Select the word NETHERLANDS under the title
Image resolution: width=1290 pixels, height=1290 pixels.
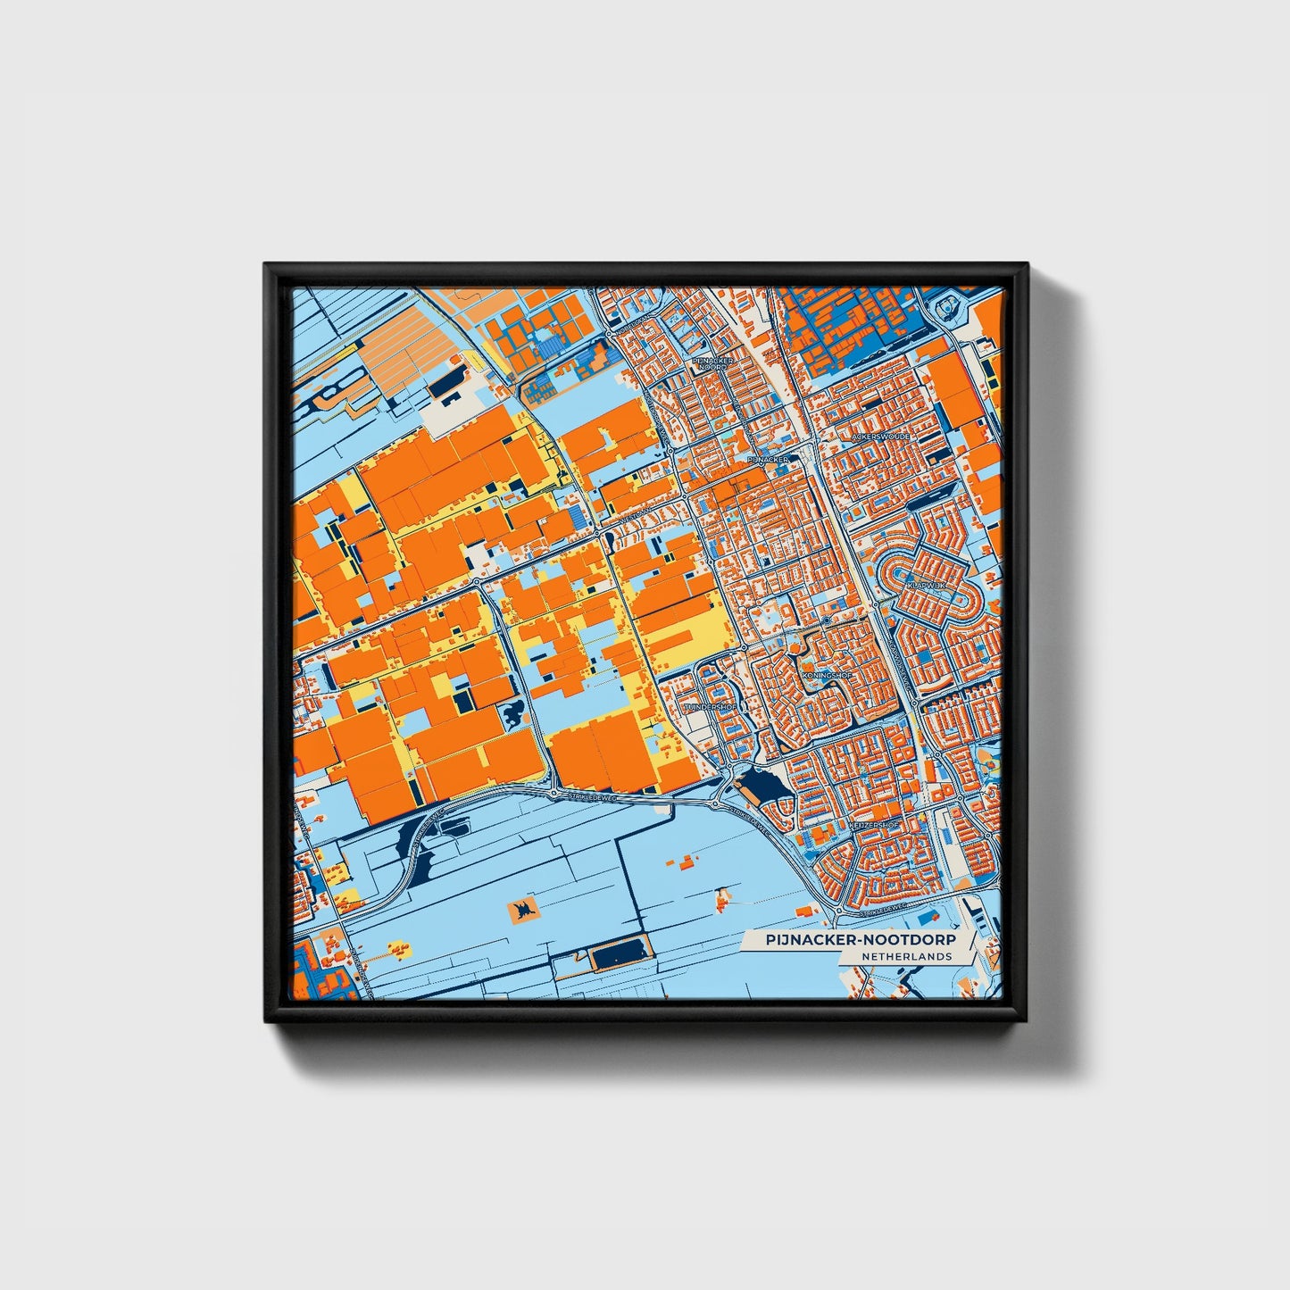(906, 956)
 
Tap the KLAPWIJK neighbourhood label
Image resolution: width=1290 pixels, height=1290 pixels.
(925, 585)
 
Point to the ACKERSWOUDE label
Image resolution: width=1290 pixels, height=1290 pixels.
(879, 437)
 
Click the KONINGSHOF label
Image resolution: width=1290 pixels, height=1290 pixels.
(828, 676)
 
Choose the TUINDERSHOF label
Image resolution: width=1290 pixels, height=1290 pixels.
(711, 706)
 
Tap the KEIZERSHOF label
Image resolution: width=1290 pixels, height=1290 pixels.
(875, 826)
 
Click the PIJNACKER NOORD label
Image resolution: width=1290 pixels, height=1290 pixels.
(714, 363)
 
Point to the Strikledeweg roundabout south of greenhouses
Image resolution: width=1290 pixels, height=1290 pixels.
(553, 793)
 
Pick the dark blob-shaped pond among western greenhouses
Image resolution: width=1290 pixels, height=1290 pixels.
(515, 715)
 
